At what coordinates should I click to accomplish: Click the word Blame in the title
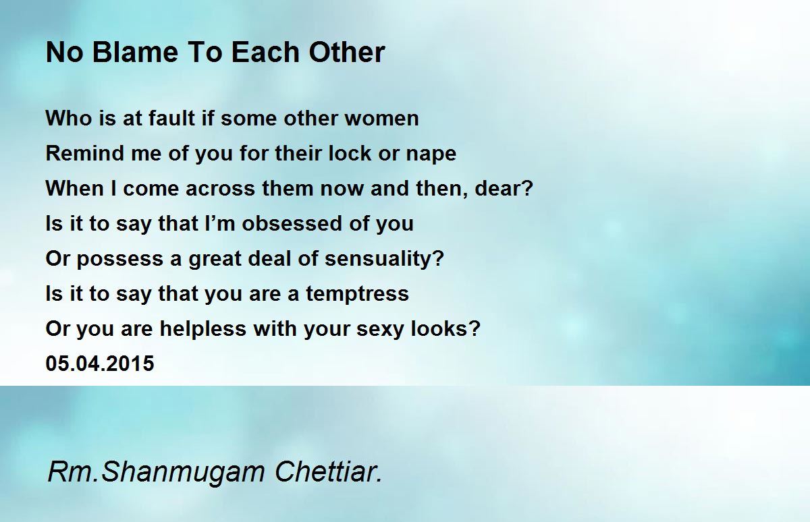pyautogui.click(x=135, y=53)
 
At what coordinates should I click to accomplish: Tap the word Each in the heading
pyautogui.click(x=265, y=53)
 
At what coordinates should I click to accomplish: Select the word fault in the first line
pyautogui.click(x=172, y=118)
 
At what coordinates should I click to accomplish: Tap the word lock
pyautogui.click(x=350, y=153)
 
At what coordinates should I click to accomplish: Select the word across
pyautogui.click(x=220, y=189)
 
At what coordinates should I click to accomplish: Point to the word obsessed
pyautogui.click(x=292, y=223)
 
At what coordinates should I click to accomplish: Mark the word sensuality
pyautogui.click(x=384, y=260)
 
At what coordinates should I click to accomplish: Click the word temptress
pyautogui.click(x=357, y=293)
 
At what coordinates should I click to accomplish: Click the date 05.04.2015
pyautogui.click(x=100, y=364)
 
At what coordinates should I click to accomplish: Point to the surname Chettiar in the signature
pyautogui.click(x=328, y=471)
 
